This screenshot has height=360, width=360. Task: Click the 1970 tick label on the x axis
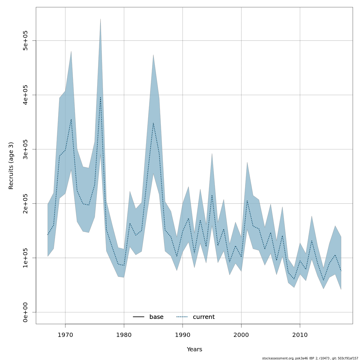(x=65, y=335)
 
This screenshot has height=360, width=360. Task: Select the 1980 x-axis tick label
(x=124, y=335)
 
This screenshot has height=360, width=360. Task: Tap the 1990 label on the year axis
(x=183, y=335)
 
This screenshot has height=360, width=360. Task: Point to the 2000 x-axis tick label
(x=241, y=335)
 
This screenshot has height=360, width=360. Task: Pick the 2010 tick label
(x=300, y=335)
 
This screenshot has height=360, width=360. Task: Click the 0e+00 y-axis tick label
(x=26, y=312)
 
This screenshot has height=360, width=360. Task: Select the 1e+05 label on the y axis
(x=26, y=258)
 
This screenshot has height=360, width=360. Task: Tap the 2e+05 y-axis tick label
(x=26, y=204)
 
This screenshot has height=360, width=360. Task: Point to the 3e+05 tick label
(x=26, y=149)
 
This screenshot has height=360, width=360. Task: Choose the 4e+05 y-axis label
(x=26, y=95)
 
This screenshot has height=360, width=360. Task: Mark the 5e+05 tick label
(x=26, y=41)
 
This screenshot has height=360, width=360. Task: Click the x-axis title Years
(x=194, y=349)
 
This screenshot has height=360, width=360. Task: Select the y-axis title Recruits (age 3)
(x=11, y=166)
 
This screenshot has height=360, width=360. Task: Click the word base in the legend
(x=156, y=317)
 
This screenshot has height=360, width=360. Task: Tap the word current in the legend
(x=204, y=317)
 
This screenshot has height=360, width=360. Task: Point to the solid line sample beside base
(x=139, y=317)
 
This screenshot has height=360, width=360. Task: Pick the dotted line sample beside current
(x=182, y=317)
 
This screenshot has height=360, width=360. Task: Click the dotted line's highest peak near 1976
(x=100, y=97)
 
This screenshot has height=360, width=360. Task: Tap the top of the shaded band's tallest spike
(x=100, y=19)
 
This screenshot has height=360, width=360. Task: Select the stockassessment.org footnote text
(x=310, y=358)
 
